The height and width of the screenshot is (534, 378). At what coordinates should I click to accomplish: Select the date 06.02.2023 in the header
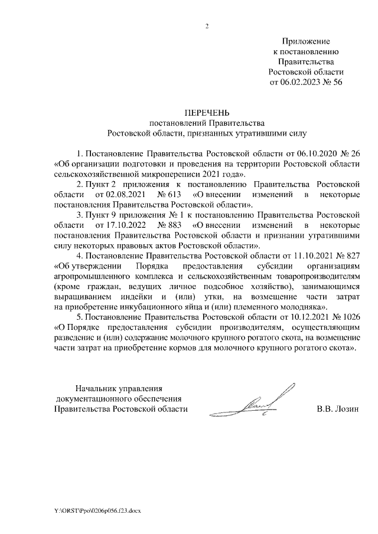298,83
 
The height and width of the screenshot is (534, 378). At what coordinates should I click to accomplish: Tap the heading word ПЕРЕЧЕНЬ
207,113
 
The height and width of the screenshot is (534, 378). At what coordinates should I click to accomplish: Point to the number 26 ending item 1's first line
355,153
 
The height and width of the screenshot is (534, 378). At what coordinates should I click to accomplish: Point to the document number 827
353,255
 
